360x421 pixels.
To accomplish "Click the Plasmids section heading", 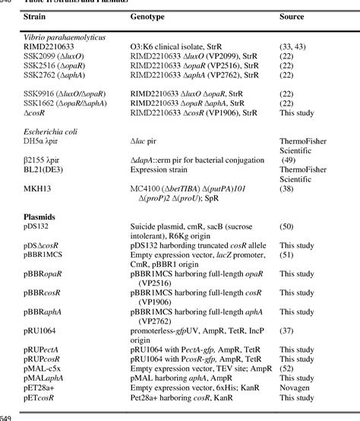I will click(x=40, y=217).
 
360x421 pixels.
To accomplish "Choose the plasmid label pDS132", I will click(x=35, y=227).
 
